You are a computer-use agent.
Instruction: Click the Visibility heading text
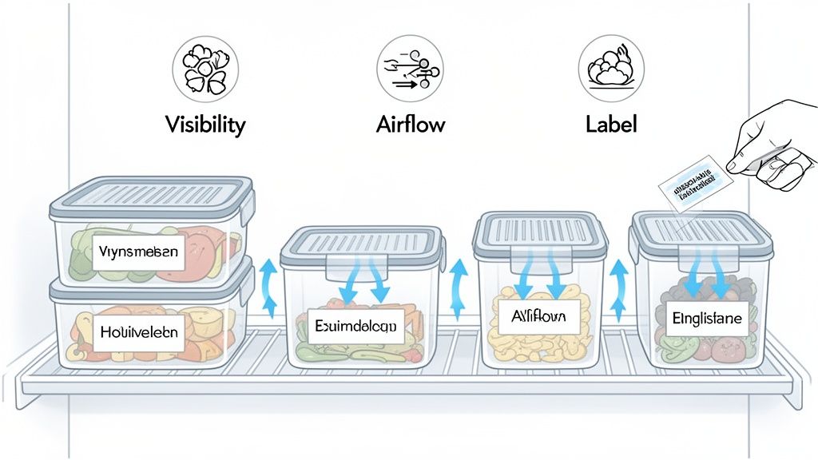[205, 125]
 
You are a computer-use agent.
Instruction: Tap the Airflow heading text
[410, 125]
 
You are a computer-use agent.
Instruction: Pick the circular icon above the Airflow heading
[410, 68]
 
